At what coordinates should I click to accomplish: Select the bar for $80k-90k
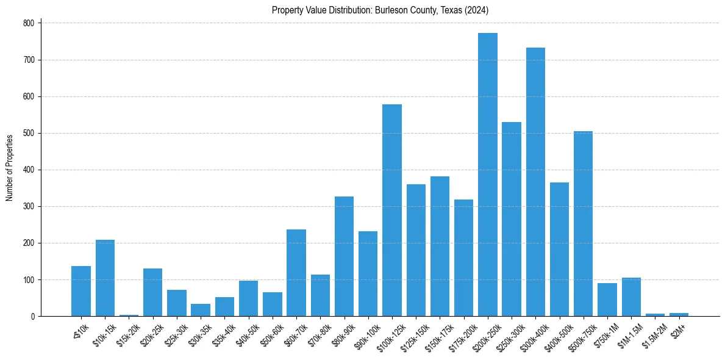click(344, 256)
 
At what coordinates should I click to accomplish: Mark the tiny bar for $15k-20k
click(129, 315)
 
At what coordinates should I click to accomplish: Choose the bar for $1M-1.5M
click(631, 297)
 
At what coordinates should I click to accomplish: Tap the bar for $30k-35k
click(201, 310)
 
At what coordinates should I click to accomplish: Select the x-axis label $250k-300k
click(510, 334)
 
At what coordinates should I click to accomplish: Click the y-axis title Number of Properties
click(9, 168)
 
